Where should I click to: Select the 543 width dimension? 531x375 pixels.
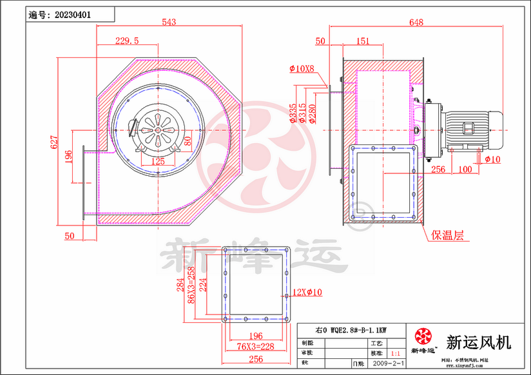169,22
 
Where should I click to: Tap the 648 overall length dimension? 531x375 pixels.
416,22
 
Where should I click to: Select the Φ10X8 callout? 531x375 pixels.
302,68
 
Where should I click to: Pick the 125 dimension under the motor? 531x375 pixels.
158,161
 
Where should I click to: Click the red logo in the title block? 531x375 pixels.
423,336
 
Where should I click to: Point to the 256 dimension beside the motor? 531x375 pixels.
438,169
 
